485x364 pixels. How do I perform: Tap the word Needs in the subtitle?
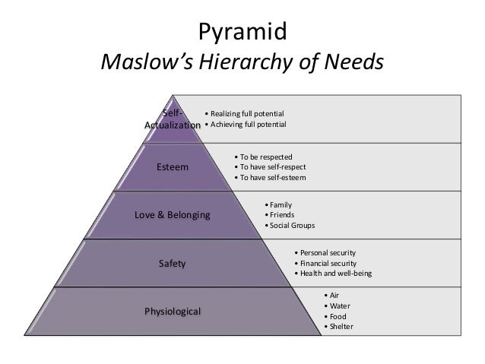[x=350, y=63]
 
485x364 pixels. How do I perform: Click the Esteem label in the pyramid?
[x=173, y=166]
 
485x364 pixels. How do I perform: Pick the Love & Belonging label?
[x=172, y=215]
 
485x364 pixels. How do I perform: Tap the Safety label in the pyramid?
[x=172, y=264]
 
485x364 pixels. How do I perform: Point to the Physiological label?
[x=173, y=312]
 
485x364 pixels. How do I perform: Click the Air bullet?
[x=333, y=295]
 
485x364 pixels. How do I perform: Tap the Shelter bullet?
[x=339, y=327]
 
